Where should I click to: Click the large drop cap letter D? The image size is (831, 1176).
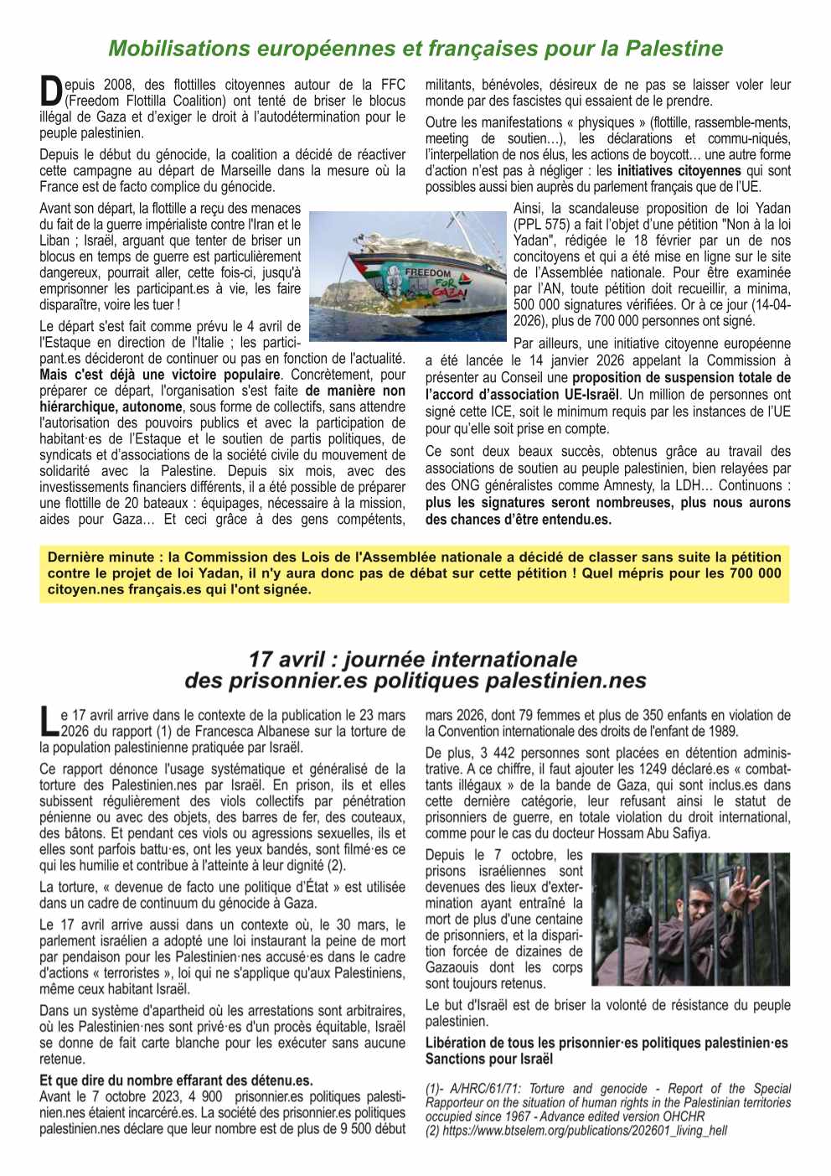51,91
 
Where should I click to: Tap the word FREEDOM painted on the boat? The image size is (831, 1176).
427,273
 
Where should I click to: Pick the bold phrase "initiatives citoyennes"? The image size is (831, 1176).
679,171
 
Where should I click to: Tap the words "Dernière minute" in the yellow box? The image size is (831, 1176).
101,557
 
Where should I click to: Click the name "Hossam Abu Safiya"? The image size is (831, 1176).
657,833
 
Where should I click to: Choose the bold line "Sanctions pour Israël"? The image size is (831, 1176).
489,1059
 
